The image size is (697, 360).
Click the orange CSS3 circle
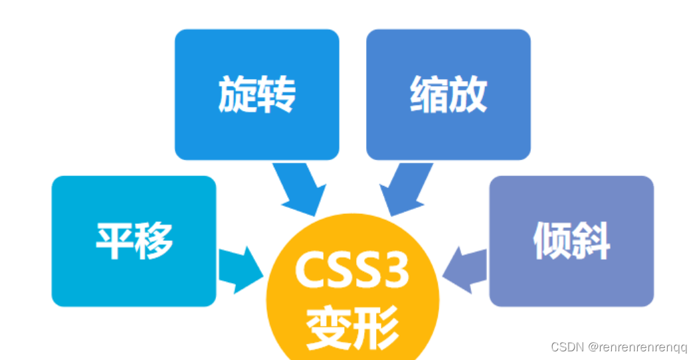click(352, 299)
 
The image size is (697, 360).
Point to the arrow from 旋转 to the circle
click(298, 188)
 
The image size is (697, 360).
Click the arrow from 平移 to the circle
click(240, 270)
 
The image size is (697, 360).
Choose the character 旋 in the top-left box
click(237, 95)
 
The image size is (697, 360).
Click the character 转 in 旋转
click(276, 95)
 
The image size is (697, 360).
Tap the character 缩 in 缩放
click(429, 95)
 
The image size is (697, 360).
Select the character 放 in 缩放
click(468, 95)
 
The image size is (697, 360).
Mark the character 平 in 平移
click(114, 241)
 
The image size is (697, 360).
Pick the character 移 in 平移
click(153, 241)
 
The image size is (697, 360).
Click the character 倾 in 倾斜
click(551, 241)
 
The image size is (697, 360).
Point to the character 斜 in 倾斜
click(591, 241)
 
